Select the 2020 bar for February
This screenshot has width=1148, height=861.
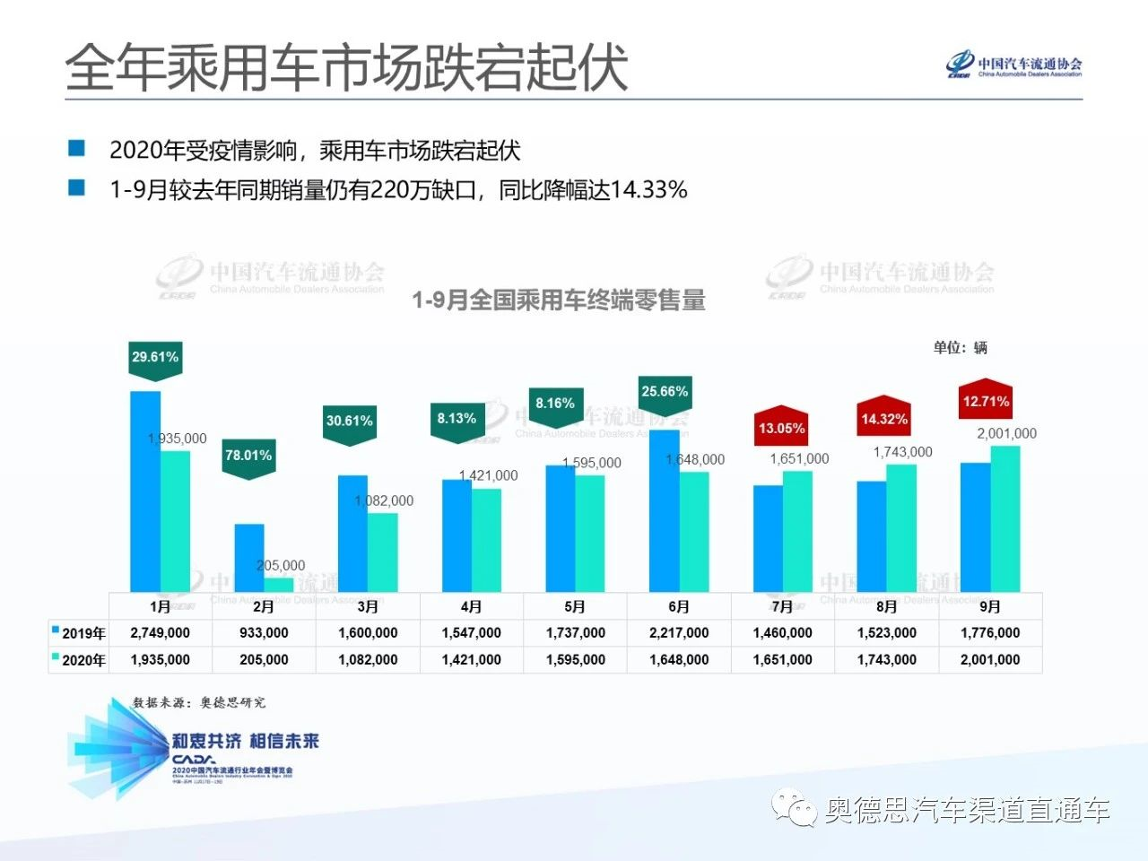(x=278, y=585)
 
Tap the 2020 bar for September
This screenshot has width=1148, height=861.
(x=1005, y=518)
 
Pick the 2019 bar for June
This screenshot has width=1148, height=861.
(x=664, y=510)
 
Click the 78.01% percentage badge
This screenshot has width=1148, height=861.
(x=248, y=457)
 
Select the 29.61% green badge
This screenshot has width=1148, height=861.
(x=155, y=359)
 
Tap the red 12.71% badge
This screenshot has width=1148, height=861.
(x=986, y=402)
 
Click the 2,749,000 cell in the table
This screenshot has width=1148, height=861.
(x=161, y=633)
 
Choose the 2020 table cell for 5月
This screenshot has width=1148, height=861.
(x=576, y=660)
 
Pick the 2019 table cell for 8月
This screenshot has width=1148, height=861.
(x=886, y=633)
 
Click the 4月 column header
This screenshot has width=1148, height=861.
(x=472, y=607)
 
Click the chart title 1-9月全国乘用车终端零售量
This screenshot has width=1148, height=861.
(x=558, y=300)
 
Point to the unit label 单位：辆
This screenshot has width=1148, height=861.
(x=960, y=348)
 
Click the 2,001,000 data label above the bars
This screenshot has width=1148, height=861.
(x=1006, y=434)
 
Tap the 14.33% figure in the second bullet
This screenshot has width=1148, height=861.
(x=648, y=190)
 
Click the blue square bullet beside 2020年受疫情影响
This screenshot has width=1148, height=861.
(x=77, y=149)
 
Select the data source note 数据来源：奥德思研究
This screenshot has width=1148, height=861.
(x=199, y=702)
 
